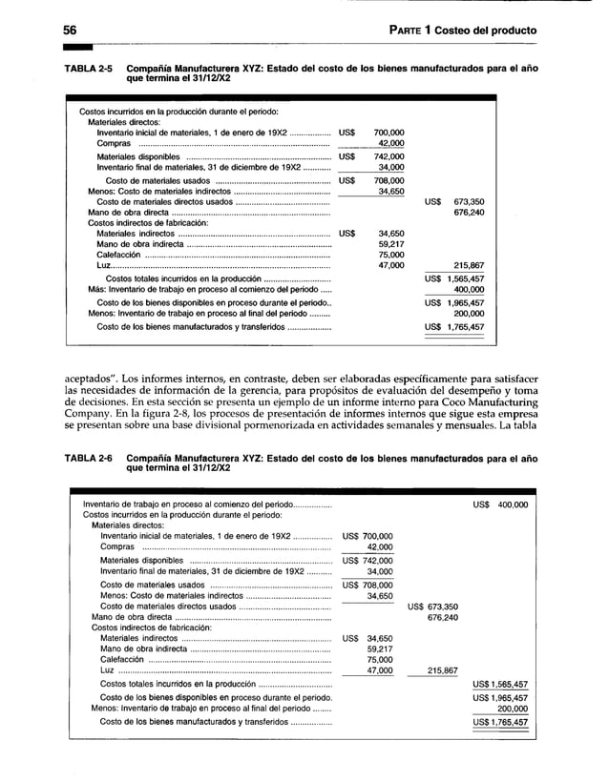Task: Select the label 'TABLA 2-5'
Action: [88, 70]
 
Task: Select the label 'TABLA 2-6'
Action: [88, 459]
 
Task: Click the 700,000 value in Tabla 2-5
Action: [387, 133]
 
